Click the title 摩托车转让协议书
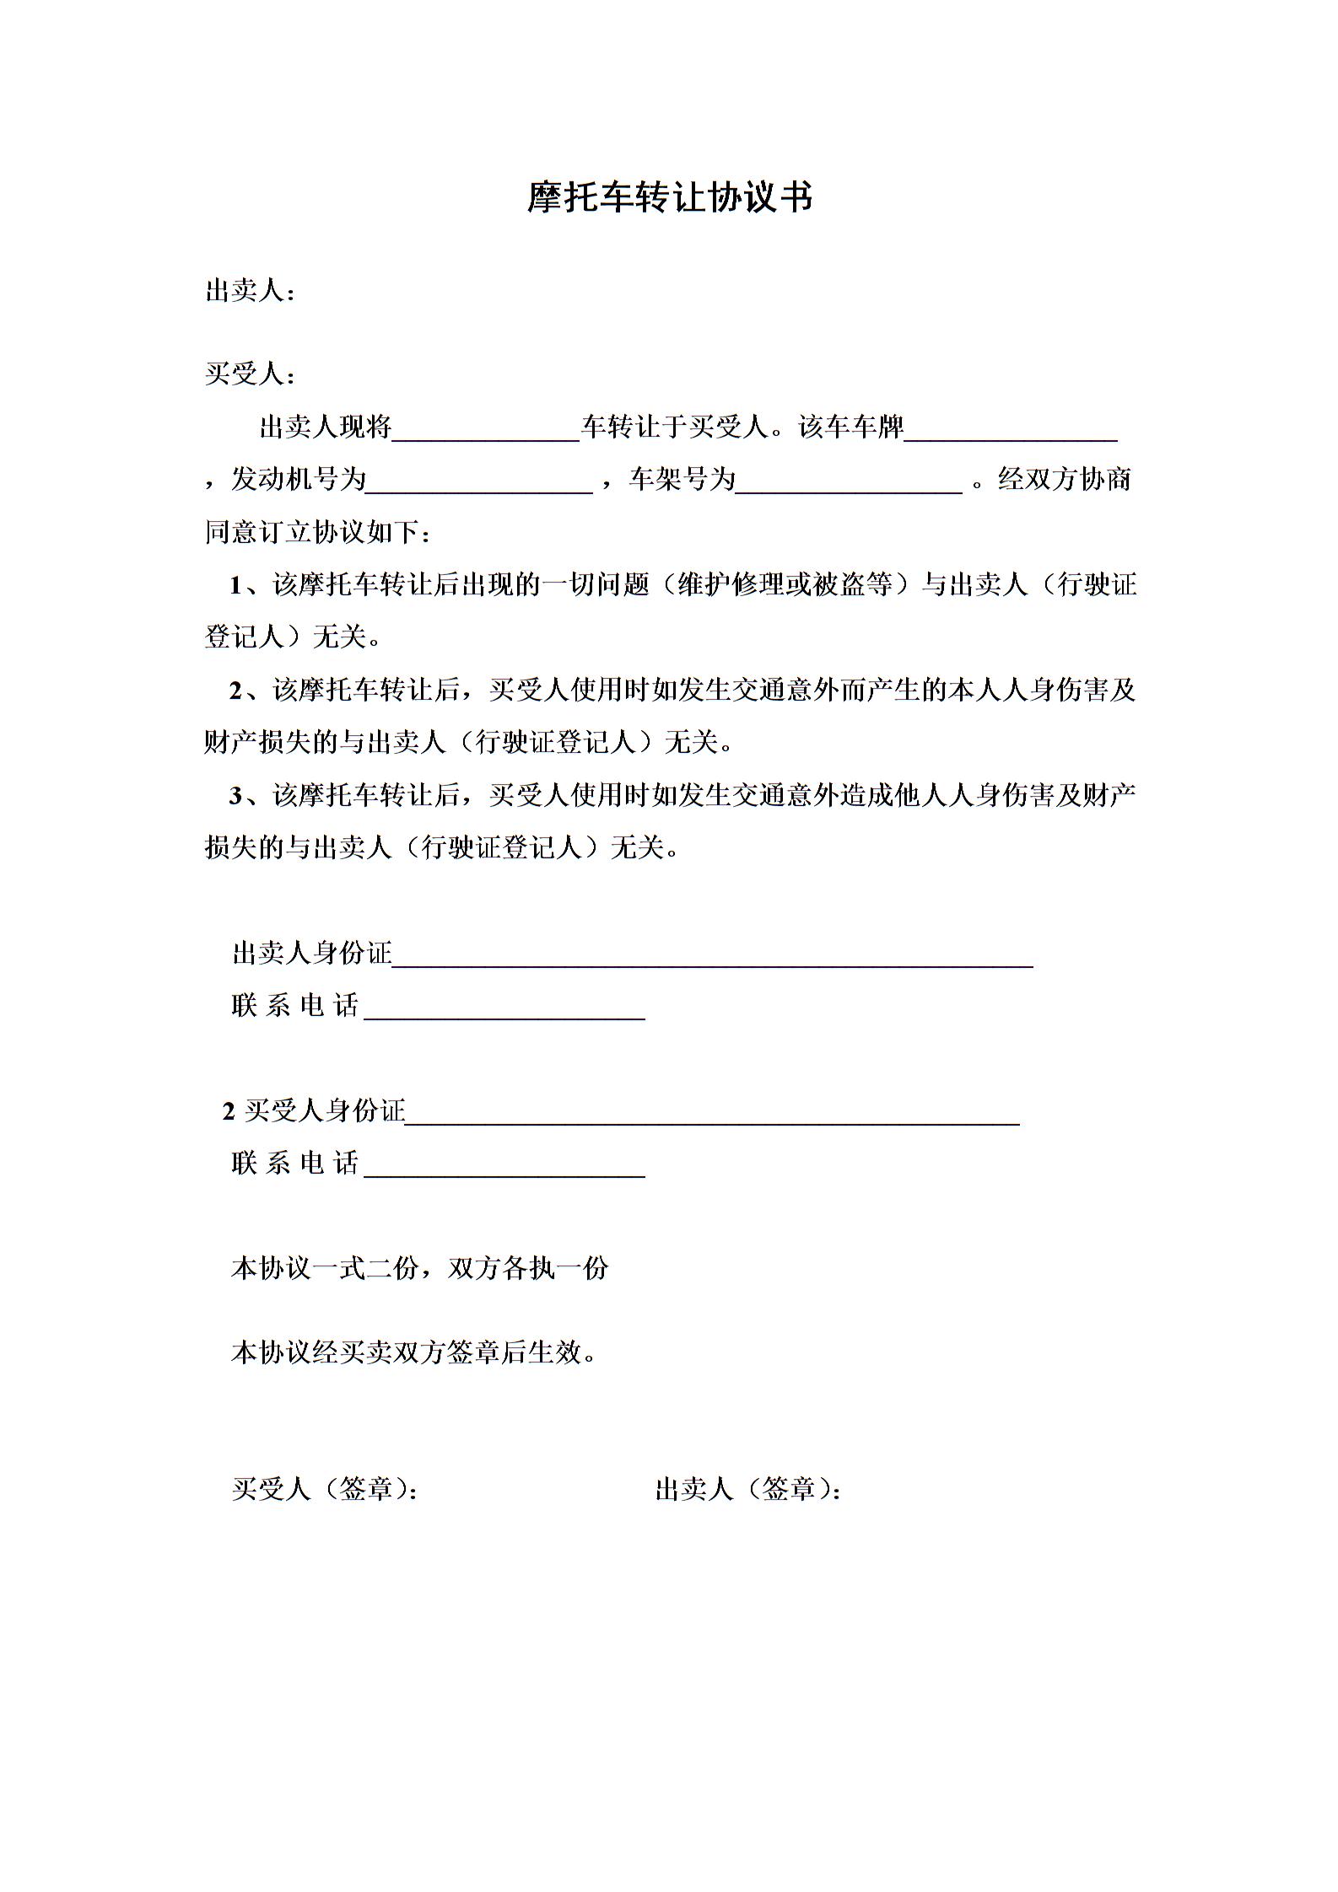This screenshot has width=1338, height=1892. [670, 198]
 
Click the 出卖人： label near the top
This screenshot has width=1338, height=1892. [251, 292]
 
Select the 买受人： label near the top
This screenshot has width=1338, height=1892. [251, 374]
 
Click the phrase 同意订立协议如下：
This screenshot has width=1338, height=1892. [320, 533]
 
